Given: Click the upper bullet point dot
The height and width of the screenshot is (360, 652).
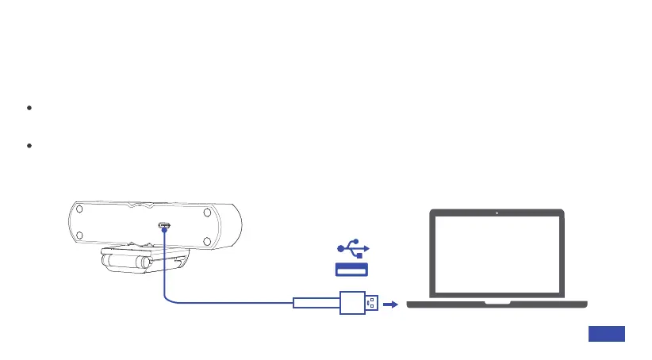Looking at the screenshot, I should point(29,108).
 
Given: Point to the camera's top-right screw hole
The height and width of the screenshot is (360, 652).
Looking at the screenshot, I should point(206,213).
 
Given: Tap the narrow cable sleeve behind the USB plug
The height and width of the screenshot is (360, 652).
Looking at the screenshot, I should point(316,303).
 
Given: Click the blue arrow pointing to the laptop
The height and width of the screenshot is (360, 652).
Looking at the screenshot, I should point(392,303).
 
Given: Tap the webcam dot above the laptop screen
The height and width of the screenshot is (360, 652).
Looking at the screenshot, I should point(497,213).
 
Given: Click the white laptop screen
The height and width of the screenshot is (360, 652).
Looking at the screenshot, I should point(497,254).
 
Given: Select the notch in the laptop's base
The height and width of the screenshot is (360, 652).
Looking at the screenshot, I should point(497,301).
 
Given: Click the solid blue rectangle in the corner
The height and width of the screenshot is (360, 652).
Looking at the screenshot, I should point(607,334).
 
